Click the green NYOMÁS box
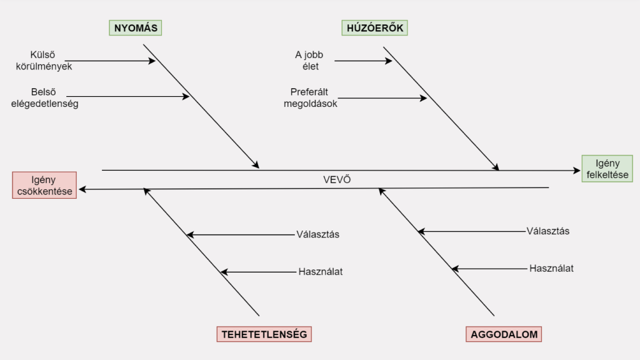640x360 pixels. (134, 27)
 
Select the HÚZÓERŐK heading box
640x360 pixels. (374, 27)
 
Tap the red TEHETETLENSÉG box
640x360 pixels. (264, 334)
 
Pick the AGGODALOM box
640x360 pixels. (504, 334)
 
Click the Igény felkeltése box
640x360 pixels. (607, 169)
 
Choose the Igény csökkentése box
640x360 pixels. (44, 186)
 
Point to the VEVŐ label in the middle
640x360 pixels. (337, 179)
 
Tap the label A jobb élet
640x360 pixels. (309, 61)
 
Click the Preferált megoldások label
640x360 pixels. (311, 97)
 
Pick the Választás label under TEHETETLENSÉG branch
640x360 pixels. (317, 234)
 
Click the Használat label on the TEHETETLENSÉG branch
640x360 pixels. (321, 272)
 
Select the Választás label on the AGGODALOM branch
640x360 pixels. (548, 231)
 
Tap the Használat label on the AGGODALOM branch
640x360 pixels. (551, 268)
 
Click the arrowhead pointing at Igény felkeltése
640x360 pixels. (577, 170)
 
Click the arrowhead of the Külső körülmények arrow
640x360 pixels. (152, 61)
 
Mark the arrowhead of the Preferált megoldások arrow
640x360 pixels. (423, 97)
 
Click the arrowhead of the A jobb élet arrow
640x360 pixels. (388, 61)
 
